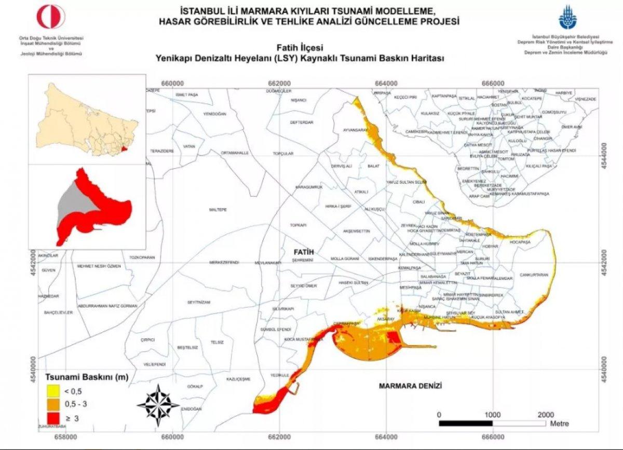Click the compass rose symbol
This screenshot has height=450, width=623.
coord(158,403)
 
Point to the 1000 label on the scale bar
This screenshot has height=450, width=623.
coord(492,415)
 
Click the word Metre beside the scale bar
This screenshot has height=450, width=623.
coord(559,424)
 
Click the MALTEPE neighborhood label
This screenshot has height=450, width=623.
coord(219,210)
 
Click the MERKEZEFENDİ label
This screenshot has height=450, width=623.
coord(224,263)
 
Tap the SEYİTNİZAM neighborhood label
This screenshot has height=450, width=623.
coord(199,302)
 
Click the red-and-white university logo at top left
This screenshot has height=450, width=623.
coord(51,17)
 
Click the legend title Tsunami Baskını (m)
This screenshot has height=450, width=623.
coord(87,377)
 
